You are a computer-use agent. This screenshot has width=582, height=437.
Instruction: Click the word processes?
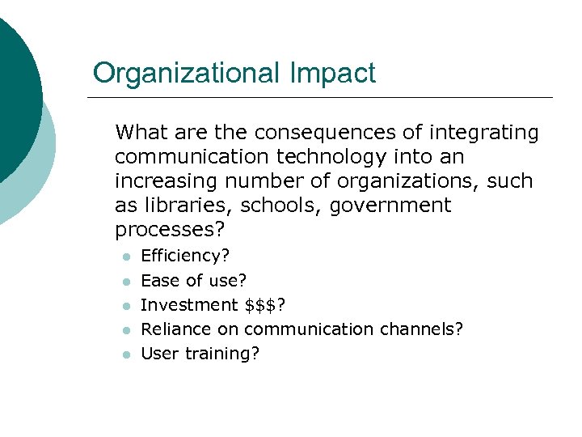[167, 229]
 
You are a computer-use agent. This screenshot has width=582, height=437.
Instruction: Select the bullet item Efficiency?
[185, 257]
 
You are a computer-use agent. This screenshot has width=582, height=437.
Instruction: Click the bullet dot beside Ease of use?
[125, 282]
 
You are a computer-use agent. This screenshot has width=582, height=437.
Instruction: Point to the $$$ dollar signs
[265, 305]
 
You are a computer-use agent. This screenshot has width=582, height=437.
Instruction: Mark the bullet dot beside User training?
[125, 354]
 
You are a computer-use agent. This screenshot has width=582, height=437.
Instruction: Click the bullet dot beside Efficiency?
[125, 257]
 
